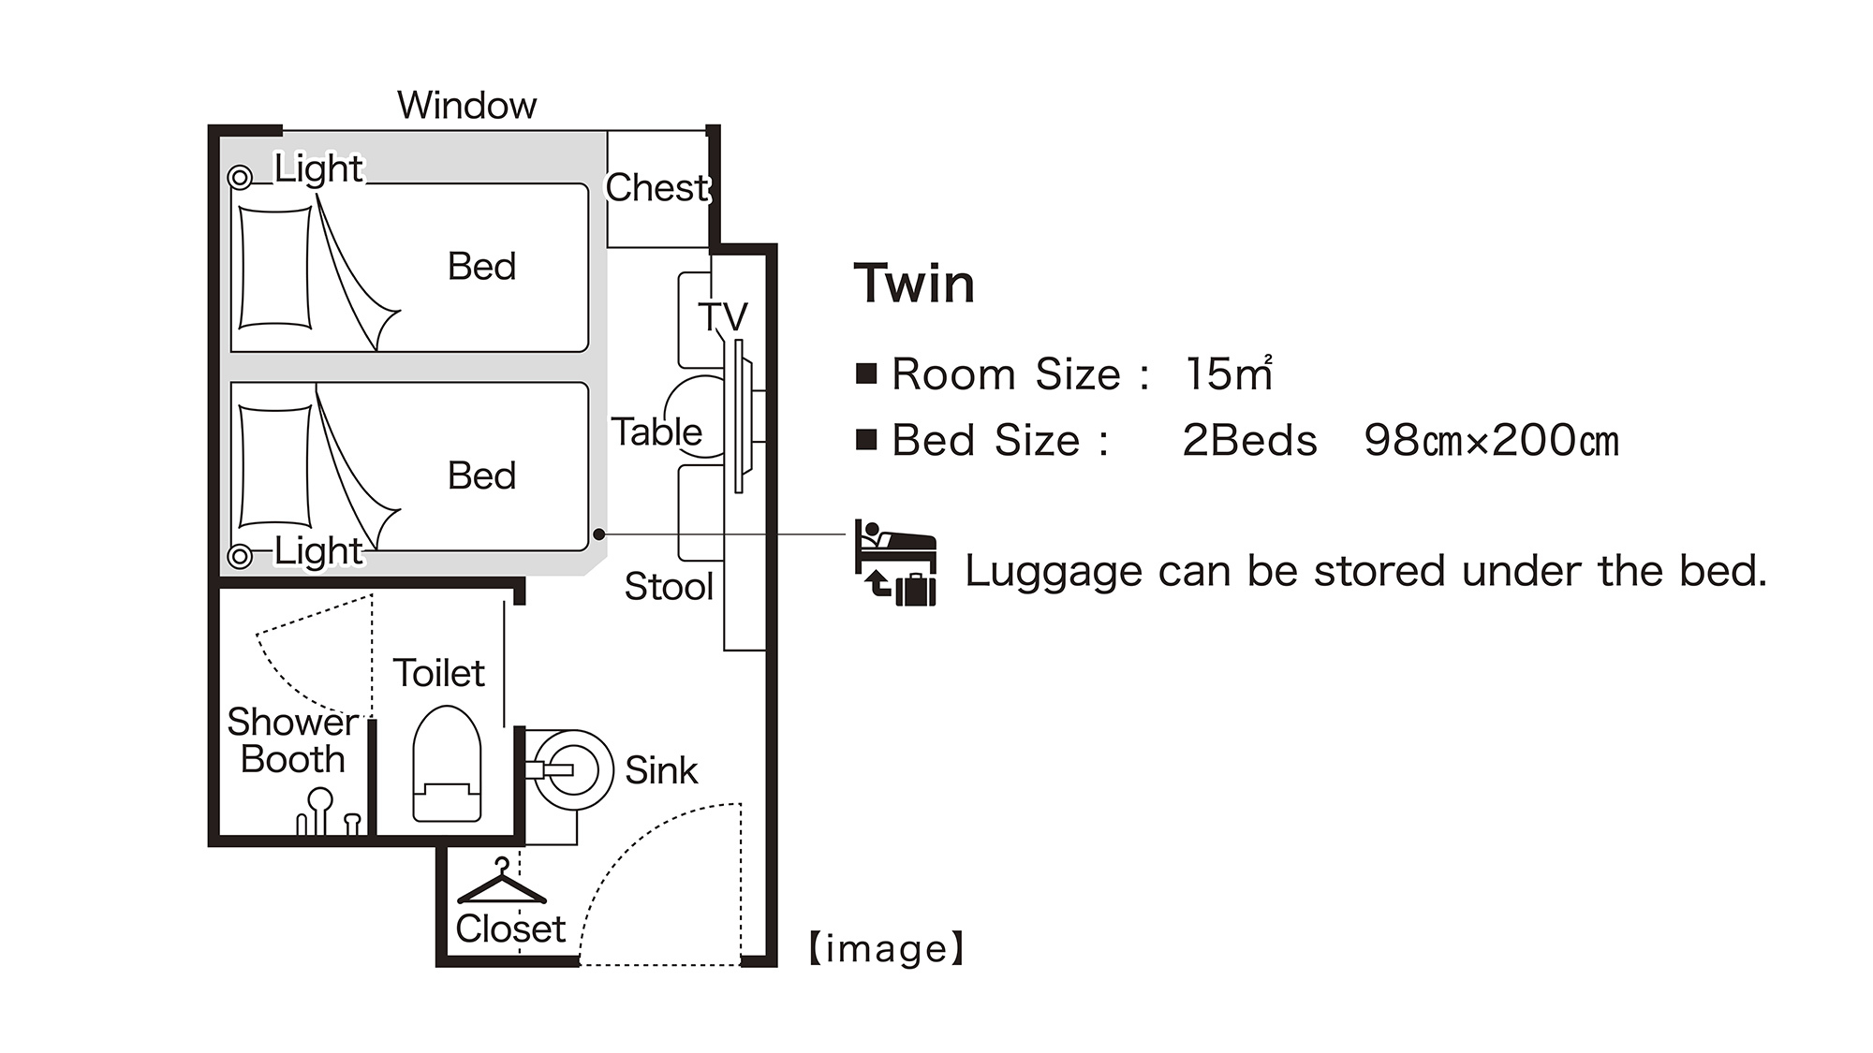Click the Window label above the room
click(x=467, y=105)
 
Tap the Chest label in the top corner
click(x=658, y=188)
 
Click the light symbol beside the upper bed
click(x=240, y=177)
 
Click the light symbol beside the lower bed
click(x=240, y=556)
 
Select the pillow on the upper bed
click(x=275, y=268)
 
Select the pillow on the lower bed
click(x=275, y=466)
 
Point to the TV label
click(x=723, y=316)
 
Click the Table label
click(x=656, y=431)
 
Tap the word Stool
click(x=669, y=587)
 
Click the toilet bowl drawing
click(x=447, y=764)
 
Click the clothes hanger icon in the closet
click(x=502, y=882)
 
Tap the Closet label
click(x=510, y=929)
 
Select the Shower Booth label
click(x=293, y=740)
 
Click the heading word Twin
click(x=914, y=284)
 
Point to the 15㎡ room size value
click(x=1229, y=373)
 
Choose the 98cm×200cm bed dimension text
click(x=1491, y=440)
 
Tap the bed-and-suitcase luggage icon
click(x=895, y=563)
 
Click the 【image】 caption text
click(x=886, y=949)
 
